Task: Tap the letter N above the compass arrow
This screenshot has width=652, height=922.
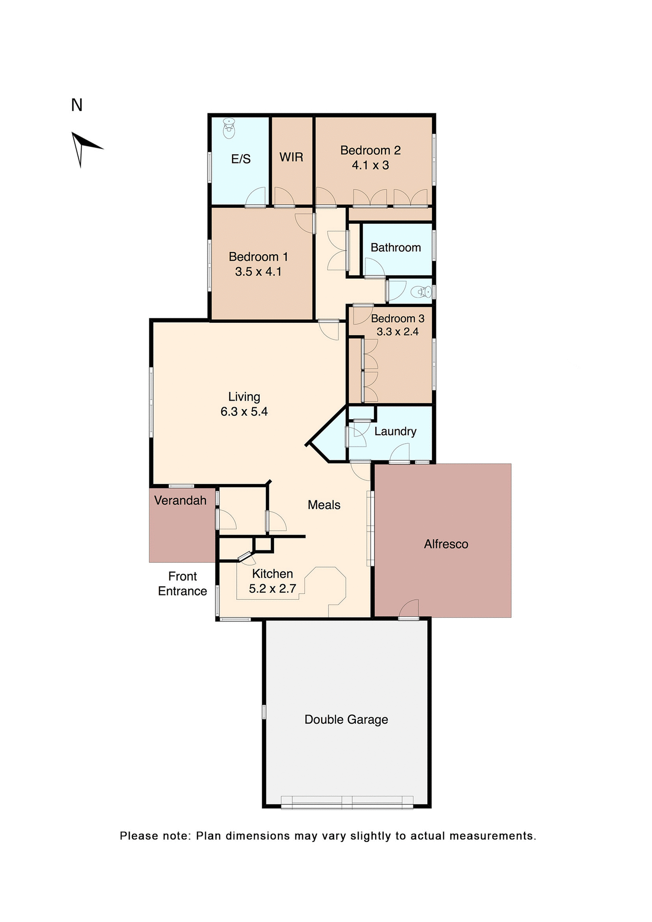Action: click(x=77, y=105)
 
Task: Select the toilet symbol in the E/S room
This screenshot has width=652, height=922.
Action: click(x=229, y=129)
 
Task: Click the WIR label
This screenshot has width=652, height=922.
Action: click(x=291, y=157)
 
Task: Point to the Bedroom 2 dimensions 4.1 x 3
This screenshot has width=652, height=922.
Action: click(x=370, y=165)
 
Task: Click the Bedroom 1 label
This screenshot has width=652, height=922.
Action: click(x=258, y=256)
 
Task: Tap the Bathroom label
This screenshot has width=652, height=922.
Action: click(x=396, y=247)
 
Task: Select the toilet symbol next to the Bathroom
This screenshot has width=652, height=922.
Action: click(x=423, y=291)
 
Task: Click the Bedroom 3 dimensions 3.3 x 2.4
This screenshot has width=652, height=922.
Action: click(x=398, y=332)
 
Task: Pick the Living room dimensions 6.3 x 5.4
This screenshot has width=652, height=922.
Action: click(x=244, y=412)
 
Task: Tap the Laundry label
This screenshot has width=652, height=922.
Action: click(x=395, y=431)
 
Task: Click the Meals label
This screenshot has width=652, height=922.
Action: click(x=324, y=505)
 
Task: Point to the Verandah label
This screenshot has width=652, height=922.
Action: click(x=180, y=500)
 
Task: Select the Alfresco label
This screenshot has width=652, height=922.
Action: click(x=446, y=544)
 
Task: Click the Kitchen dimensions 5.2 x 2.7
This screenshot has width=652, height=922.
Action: click(x=272, y=589)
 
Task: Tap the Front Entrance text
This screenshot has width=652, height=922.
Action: click(x=182, y=583)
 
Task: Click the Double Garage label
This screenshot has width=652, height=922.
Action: click(x=346, y=719)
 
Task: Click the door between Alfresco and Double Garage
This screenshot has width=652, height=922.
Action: click(x=409, y=612)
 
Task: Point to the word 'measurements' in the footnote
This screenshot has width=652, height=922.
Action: click(x=492, y=836)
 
